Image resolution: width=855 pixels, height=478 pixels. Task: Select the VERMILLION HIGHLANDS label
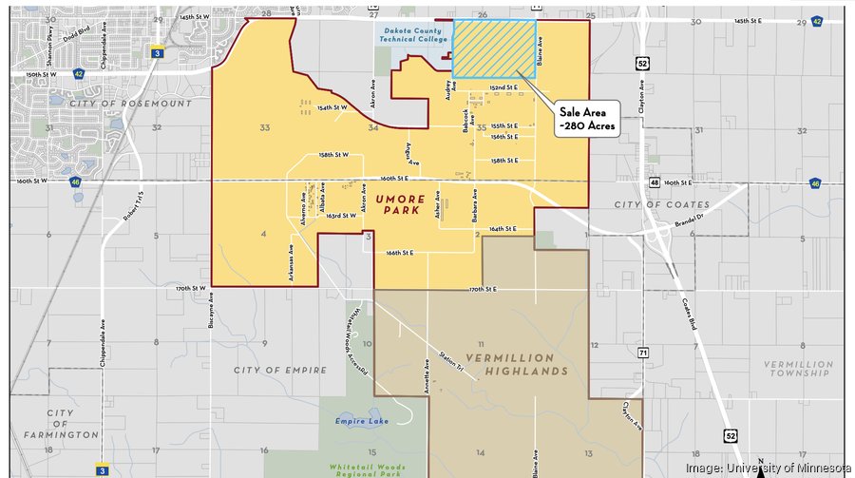513,363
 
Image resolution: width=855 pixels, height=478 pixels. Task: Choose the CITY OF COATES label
661,204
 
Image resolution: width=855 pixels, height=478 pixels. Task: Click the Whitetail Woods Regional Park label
367,469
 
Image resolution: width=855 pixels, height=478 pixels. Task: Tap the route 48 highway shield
655,182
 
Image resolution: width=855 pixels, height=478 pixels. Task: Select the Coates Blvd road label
692,311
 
